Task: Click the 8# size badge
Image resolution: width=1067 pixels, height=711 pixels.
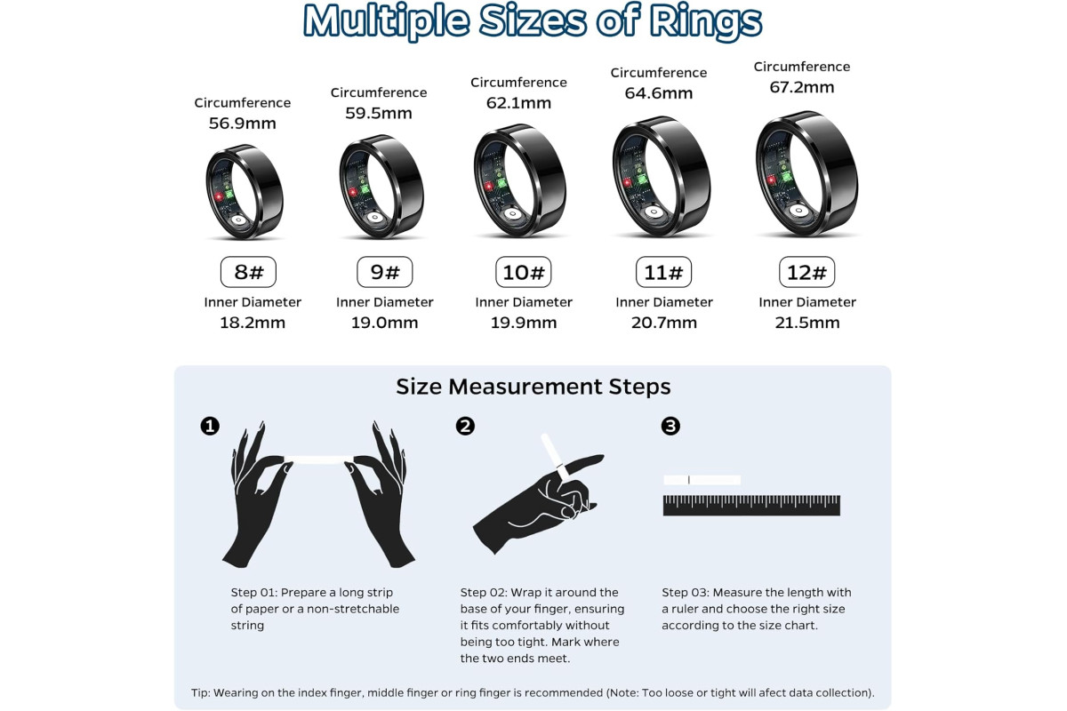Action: (x=248, y=272)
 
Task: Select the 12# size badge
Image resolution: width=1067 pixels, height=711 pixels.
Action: (x=807, y=272)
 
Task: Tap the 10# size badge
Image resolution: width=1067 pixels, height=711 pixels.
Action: (x=524, y=272)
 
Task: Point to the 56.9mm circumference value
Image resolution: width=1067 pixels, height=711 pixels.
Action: (x=243, y=124)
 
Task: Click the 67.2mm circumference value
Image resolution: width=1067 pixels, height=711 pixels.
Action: (x=802, y=87)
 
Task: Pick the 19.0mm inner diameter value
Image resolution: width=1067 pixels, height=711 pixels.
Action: (x=384, y=323)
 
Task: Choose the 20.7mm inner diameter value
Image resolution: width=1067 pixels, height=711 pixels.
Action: (x=664, y=323)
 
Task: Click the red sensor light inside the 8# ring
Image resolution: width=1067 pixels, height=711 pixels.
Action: (x=219, y=196)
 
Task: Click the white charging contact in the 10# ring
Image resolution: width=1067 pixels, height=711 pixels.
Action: (x=512, y=214)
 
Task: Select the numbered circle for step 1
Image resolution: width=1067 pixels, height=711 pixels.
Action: (x=210, y=426)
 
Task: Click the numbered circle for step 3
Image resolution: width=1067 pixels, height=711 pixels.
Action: (x=670, y=426)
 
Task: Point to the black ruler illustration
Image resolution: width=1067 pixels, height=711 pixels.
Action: (x=751, y=506)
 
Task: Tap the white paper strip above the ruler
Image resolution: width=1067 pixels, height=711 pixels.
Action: (x=702, y=480)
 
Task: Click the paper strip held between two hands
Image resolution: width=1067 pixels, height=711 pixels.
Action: (x=318, y=459)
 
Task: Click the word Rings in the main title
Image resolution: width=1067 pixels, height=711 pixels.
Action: (x=706, y=21)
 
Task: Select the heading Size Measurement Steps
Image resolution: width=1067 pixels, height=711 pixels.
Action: (x=533, y=387)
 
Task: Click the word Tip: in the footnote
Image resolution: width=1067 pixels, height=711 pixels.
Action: (x=201, y=692)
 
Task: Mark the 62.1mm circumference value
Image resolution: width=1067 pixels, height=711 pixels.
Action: (x=518, y=103)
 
